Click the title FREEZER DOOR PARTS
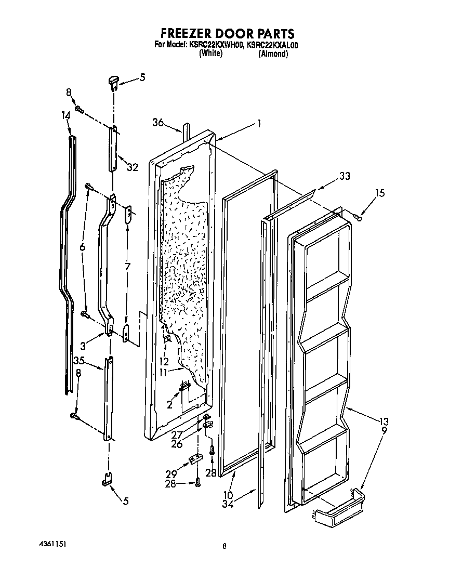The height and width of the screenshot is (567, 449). coord(224,34)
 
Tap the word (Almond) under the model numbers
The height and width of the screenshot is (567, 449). coord(273,54)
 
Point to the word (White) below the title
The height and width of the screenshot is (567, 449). coord(210,54)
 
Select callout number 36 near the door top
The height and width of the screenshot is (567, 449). coord(158,123)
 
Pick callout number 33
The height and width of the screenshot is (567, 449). coord(344,177)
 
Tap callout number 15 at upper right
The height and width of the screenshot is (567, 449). coord(380,193)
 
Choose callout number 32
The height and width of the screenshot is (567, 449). coord(133,167)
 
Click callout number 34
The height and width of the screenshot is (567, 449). coord(228,503)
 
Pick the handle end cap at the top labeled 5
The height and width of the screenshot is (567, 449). coord(114,80)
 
